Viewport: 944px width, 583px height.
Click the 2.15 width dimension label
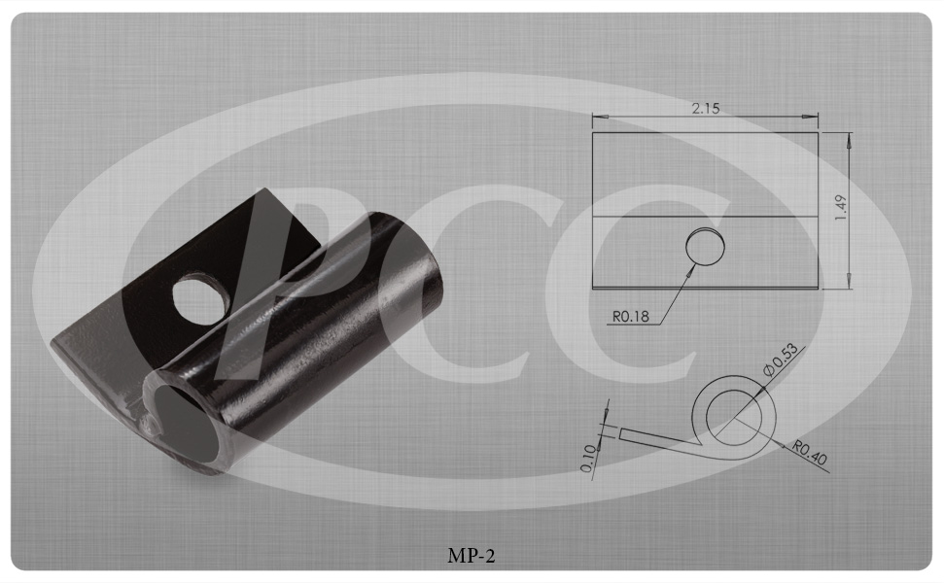706,108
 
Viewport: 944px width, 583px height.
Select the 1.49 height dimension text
841,208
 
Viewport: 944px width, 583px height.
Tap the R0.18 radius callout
631,316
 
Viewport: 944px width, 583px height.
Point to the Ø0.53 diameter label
781,359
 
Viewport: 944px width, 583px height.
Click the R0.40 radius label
810,453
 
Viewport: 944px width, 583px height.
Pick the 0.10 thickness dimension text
589,458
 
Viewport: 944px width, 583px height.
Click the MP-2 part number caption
472,556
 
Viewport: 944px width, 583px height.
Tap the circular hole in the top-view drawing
705,246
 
